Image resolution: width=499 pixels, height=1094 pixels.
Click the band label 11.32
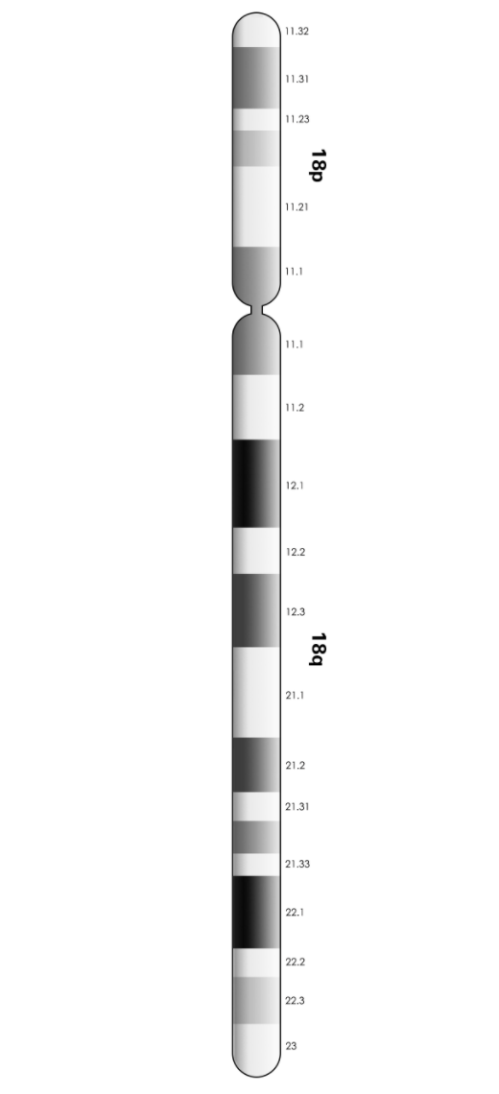[x=297, y=32]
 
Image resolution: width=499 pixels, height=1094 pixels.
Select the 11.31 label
[x=297, y=79]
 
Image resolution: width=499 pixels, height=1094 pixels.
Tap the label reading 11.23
[x=297, y=119]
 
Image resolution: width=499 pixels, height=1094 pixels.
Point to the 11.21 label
[x=297, y=206]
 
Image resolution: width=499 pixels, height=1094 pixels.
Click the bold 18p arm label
[x=318, y=165]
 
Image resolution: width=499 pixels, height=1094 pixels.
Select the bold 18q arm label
[x=318, y=649]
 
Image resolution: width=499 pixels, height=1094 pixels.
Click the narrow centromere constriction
[x=256, y=310]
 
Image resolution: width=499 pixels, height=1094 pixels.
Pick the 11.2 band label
[x=295, y=408]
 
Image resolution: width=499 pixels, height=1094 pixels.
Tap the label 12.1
[x=295, y=485]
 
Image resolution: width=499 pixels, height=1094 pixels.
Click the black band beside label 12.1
[x=256, y=484]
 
